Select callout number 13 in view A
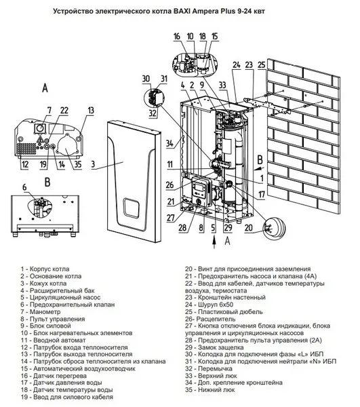(x=90, y=110)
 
